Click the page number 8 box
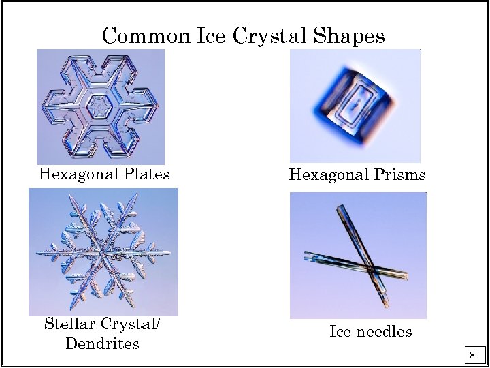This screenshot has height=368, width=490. [x=472, y=355]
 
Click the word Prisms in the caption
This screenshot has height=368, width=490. [x=400, y=175]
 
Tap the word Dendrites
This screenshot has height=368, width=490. [x=102, y=343]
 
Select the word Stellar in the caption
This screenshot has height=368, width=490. [x=69, y=324]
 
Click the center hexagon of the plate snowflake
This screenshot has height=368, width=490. [x=101, y=107]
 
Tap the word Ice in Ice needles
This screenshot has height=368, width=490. [x=340, y=332]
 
